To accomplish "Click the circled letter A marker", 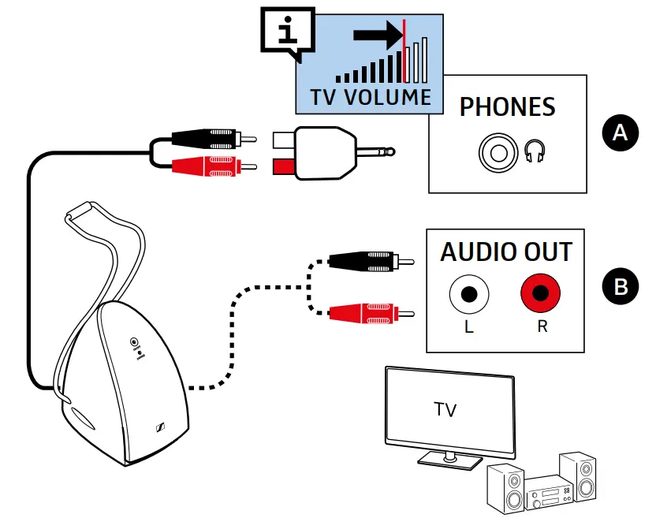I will [x=621, y=133].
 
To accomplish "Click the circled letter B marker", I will [x=621, y=286].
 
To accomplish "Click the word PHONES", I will [x=508, y=107].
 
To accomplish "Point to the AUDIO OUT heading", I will [x=506, y=252].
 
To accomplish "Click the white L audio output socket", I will [x=469, y=296].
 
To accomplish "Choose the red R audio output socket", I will [x=541, y=296].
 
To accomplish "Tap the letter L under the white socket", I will [x=469, y=326].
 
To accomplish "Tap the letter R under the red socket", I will [x=542, y=326].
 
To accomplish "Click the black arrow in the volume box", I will [x=377, y=35].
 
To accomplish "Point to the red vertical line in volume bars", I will [x=404, y=50].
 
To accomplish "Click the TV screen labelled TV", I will [x=445, y=411].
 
